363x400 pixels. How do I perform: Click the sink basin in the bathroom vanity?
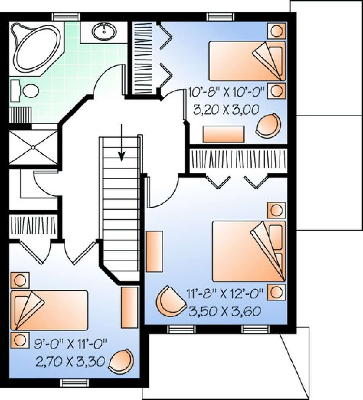click(104, 31)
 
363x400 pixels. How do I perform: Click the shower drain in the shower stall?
click(33, 147)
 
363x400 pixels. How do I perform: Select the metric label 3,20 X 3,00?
click(226, 110)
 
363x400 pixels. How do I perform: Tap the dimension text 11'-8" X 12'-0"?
click(225, 294)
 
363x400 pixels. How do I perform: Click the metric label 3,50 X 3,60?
click(225, 311)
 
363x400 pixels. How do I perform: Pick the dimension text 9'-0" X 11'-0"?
click(70, 344)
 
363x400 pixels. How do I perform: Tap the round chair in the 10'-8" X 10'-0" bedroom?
click(268, 126)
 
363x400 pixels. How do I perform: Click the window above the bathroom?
click(66, 17)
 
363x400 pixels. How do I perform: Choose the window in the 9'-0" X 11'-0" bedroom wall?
click(75, 383)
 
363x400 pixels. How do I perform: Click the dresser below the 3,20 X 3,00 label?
click(224, 134)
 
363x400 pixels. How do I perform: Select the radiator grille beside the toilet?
click(20, 115)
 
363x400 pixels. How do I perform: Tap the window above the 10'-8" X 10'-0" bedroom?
click(221, 17)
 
